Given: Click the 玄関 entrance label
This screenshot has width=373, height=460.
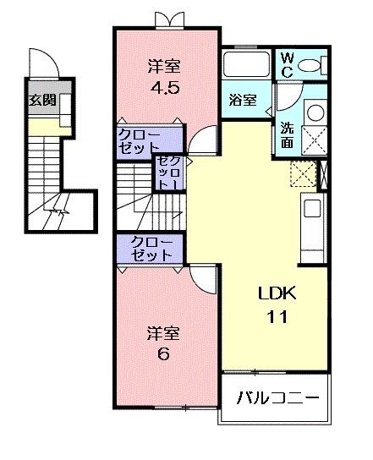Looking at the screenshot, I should (42, 99).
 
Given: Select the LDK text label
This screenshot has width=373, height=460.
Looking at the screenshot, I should (275, 294).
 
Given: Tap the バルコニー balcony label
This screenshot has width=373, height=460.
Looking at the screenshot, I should (277, 396).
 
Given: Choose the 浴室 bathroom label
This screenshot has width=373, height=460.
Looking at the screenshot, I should (243, 99).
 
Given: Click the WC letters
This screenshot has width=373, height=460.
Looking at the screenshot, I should (287, 64).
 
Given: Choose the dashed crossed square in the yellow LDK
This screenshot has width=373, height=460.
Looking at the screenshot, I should (302, 172).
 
